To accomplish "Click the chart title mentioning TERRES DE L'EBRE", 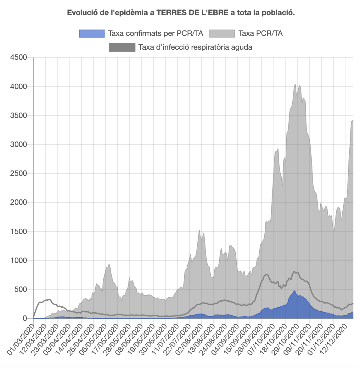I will (181, 13).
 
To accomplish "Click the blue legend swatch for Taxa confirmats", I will (92, 33).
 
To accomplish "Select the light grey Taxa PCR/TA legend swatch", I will (222, 33).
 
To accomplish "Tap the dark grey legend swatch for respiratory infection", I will (122, 47).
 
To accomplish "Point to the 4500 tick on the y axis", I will (19, 58).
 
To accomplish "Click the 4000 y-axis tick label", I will (19, 86).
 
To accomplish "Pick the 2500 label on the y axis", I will (19, 174).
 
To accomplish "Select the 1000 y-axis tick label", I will (19, 260).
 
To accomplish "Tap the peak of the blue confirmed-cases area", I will (295, 291).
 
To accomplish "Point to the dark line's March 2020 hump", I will (49, 299).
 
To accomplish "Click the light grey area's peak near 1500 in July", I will (200, 230).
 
